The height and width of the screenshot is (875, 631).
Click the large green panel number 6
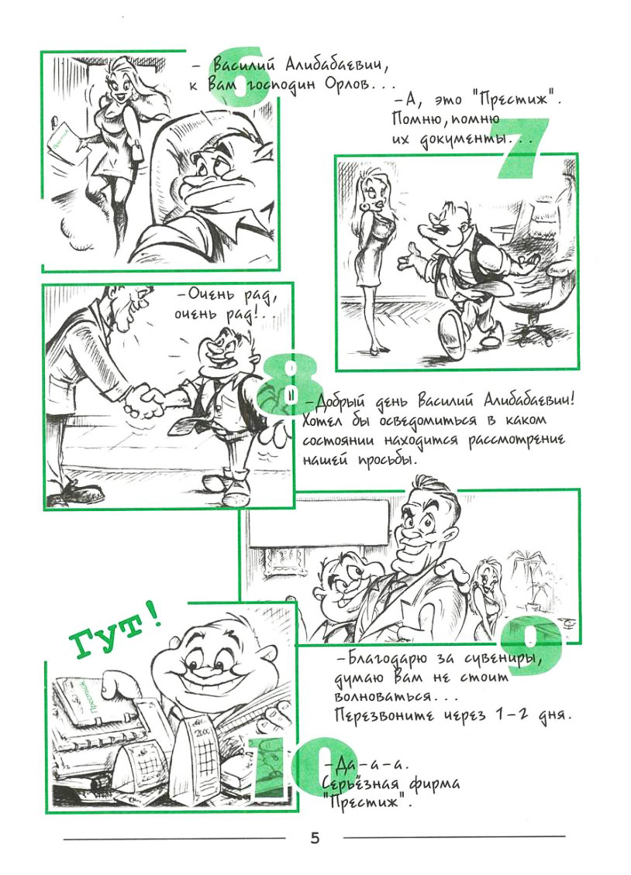pos(241,79)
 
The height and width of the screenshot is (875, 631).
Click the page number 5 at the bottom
pos(315,838)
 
